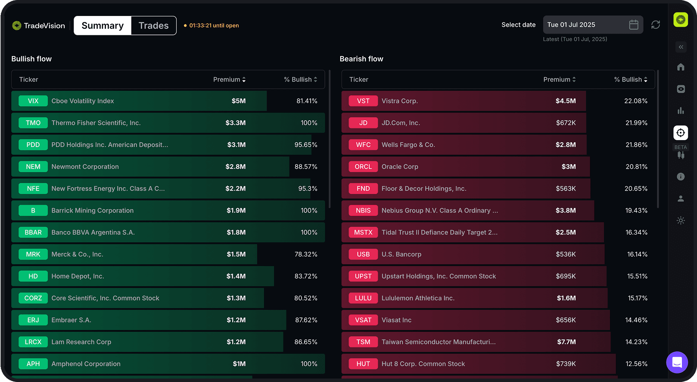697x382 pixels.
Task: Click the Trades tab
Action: click(x=153, y=26)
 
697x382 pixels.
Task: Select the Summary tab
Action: click(x=103, y=26)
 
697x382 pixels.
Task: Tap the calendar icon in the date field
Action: click(x=633, y=25)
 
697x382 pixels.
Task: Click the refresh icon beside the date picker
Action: click(x=656, y=25)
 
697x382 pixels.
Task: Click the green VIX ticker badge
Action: click(x=33, y=101)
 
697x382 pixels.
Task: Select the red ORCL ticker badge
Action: click(x=363, y=167)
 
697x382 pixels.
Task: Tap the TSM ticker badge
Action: click(x=363, y=342)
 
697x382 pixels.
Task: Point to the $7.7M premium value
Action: click(x=566, y=342)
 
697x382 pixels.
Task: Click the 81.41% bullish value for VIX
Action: click(x=307, y=101)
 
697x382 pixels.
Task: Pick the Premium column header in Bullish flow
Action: click(x=229, y=79)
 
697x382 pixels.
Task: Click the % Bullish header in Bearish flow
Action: click(x=631, y=79)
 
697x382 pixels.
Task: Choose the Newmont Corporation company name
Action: click(x=85, y=167)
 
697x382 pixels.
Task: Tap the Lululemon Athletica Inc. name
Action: click(x=418, y=298)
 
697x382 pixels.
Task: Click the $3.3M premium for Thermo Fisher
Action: click(x=235, y=123)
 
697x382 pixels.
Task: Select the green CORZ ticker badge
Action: click(x=33, y=298)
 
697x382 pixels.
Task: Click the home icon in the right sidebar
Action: click(x=681, y=67)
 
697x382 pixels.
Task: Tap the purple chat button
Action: click(x=677, y=362)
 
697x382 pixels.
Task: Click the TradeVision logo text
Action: click(x=44, y=26)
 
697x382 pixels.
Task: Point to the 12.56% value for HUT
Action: click(x=636, y=364)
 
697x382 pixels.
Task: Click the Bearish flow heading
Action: click(x=361, y=59)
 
